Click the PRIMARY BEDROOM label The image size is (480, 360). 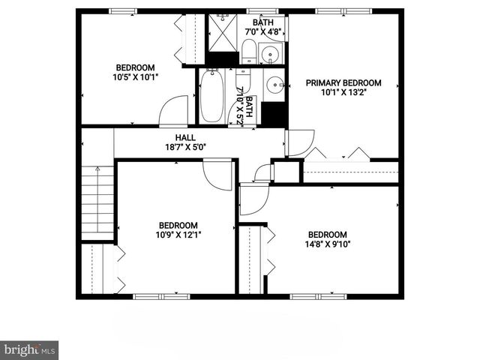(x=343, y=83)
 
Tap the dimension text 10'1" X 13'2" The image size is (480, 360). (x=343, y=93)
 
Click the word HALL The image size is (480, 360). (x=185, y=138)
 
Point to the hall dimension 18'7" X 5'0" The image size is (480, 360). (x=185, y=147)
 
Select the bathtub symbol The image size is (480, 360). (x=211, y=96)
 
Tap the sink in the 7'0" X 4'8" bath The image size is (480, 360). (x=269, y=54)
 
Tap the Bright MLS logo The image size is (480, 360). (x=29, y=350)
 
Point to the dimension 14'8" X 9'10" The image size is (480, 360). (x=328, y=244)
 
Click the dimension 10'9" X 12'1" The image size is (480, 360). (x=178, y=235)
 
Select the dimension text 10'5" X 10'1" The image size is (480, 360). (x=136, y=76)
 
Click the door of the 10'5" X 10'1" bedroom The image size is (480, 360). (x=175, y=110)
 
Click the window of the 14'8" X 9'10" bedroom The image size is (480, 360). (x=313, y=296)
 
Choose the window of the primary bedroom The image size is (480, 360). (x=337, y=10)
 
